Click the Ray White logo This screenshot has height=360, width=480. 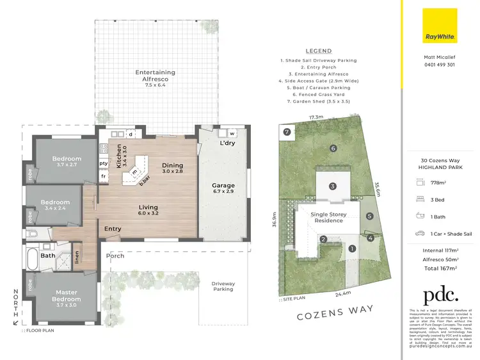pyautogui.click(x=440, y=26)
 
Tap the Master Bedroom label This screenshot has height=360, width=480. pyautogui.click(x=67, y=296)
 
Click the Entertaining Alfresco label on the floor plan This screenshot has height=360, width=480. pyautogui.click(x=156, y=79)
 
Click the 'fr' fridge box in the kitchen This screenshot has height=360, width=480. pyautogui.click(x=103, y=176)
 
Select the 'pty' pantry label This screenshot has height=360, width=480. pyautogui.click(x=103, y=163)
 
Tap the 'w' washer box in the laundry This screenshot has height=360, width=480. pyautogui.click(x=232, y=133)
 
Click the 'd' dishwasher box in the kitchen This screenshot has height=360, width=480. pyautogui.click(x=131, y=135)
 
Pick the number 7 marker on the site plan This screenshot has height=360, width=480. pyautogui.click(x=287, y=132)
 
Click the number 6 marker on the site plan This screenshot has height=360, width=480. pyautogui.click(x=333, y=148)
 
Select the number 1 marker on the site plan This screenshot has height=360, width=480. pyautogui.click(x=351, y=248)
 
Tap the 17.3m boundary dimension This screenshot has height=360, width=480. pyautogui.click(x=316, y=117)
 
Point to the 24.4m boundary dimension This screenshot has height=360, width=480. pyautogui.click(x=343, y=294)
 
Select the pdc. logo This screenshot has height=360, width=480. pyautogui.click(x=440, y=295)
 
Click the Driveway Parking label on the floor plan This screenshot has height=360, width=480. pyautogui.click(x=223, y=286)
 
